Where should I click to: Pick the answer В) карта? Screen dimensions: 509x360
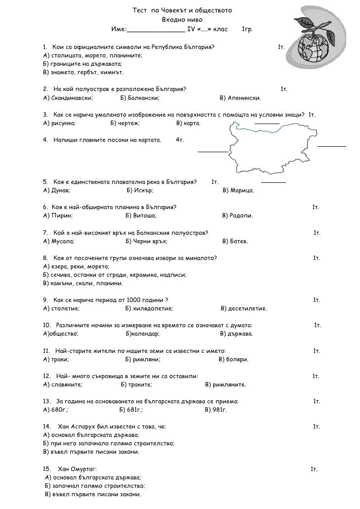[x=188, y=123]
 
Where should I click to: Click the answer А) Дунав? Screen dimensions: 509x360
[x=57, y=190]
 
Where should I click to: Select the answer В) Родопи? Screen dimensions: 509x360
[x=238, y=215]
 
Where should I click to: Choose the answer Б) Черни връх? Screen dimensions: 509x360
[x=146, y=241]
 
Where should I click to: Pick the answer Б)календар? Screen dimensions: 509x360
[x=143, y=334]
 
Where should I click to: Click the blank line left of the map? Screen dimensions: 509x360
[x=213, y=151]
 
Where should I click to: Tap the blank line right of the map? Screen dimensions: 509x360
[x=332, y=146]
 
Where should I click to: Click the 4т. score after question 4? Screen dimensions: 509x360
[x=180, y=140]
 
